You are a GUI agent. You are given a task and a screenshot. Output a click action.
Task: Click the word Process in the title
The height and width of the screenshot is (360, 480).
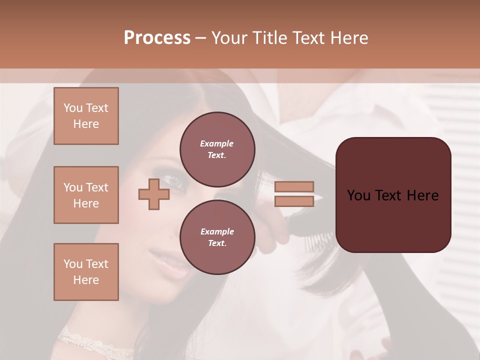point(157,37)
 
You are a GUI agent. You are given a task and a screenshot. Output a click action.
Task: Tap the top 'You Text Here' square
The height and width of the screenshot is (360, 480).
point(86,116)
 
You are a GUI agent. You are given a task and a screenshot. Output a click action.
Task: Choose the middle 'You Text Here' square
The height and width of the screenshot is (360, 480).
point(86,195)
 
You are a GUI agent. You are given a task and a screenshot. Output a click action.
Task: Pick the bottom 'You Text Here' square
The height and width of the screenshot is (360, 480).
point(86,272)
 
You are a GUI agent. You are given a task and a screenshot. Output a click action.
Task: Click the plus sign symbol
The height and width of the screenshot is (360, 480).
point(153,194)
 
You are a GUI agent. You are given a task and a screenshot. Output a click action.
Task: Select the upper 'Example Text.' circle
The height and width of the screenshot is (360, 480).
point(217,149)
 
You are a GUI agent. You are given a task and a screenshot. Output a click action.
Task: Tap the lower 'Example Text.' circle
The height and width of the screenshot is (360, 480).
point(217,237)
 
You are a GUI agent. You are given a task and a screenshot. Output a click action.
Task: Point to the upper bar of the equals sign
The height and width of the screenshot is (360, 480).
point(294,186)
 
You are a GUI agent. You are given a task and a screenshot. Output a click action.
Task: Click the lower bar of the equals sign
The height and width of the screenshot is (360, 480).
point(294,201)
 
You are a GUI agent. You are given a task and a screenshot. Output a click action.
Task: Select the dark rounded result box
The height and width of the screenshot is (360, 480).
point(393,195)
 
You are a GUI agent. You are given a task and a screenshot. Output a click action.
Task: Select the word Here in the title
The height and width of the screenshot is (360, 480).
point(349,37)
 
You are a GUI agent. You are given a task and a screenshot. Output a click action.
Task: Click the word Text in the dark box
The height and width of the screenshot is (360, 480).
point(392,195)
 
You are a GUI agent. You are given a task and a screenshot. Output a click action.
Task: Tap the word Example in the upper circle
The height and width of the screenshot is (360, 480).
point(216,143)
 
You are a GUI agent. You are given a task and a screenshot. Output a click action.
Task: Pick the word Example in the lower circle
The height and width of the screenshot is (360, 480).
point(217,231)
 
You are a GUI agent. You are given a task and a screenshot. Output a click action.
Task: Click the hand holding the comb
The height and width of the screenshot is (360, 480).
point(272,235)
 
